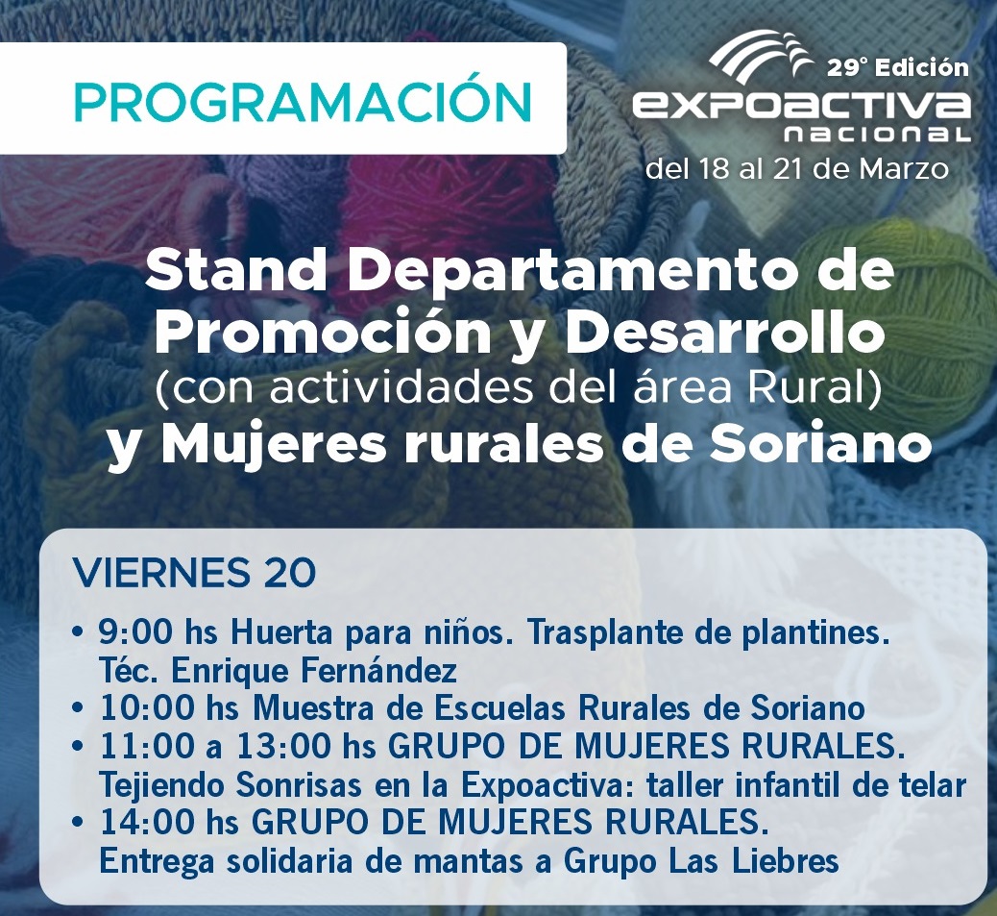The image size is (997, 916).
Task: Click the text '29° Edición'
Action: (899, 67)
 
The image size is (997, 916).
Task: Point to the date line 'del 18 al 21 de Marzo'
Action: (797, 169)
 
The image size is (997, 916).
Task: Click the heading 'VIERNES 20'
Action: (195, 574)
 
